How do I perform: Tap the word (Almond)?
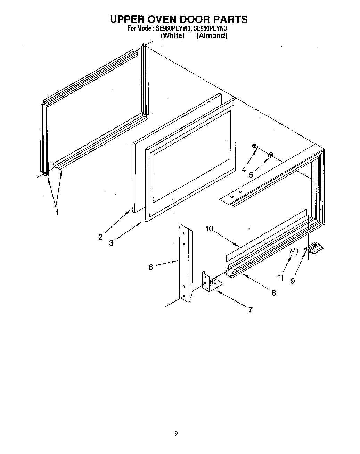212,35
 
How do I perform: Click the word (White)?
172,35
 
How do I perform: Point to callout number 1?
58,212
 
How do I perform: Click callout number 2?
100,237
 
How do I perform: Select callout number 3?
111,243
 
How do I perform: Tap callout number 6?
150,267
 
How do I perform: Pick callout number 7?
251,309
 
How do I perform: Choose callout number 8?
274,293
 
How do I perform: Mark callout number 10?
209,229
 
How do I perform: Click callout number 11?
280,278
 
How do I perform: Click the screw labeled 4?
255,147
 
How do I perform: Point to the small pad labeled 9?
314,248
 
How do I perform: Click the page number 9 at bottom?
176,433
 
